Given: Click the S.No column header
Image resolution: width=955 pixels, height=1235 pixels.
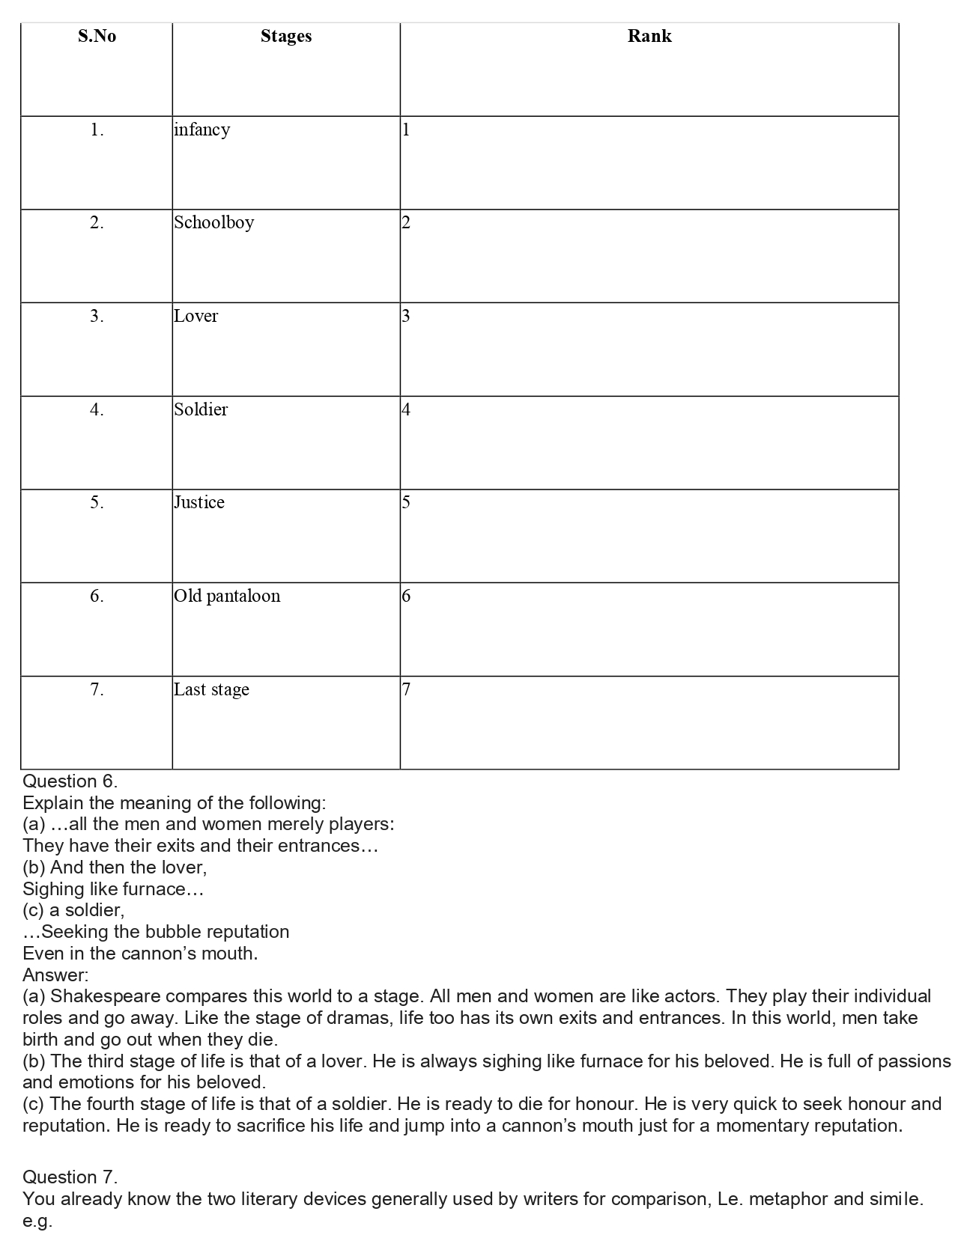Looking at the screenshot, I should [97, 36].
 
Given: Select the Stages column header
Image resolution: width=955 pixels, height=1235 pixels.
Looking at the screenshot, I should [286, 36].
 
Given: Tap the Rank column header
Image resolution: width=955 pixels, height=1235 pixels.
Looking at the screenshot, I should [649, 36].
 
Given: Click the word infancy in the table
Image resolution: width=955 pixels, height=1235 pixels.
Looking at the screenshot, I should [202, 129].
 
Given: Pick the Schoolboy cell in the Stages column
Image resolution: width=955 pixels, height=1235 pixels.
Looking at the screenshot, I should [214, 222].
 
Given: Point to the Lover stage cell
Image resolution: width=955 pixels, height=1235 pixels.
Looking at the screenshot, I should [196, 316].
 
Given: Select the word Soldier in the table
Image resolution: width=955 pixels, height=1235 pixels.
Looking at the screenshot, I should [201, 409].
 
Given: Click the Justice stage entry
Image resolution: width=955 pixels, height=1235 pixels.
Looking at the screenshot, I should [199, 502].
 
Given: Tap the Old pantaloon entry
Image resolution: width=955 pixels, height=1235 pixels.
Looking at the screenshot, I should [227, 596].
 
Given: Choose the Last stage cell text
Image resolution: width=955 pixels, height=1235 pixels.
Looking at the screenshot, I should [211, 689].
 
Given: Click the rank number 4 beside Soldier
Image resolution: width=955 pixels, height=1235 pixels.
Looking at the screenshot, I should [406, 409].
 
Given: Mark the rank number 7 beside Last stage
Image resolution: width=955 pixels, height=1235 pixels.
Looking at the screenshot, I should [406, 689].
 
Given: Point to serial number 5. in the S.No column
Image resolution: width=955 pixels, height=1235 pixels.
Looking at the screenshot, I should [97, 502].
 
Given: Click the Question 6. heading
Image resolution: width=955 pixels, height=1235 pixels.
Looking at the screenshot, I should [70, 781].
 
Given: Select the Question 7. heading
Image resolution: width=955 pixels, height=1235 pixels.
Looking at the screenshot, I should [70, 1177].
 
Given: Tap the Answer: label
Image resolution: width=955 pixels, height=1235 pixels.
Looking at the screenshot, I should [55, 975].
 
